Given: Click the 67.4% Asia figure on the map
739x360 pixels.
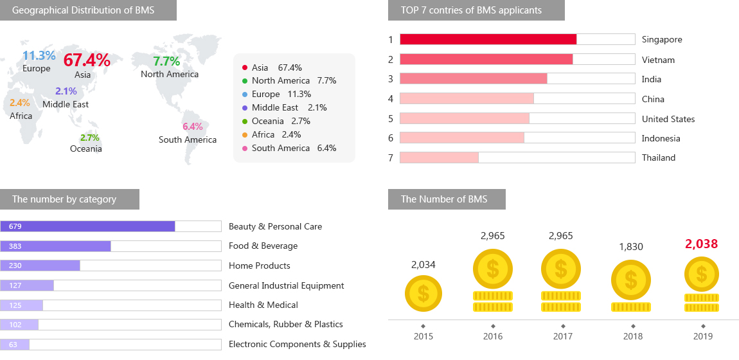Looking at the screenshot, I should tap(87, 60).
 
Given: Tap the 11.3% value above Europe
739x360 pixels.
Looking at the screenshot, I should tap(39, 56).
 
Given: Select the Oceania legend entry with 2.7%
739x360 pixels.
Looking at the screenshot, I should tap(281, 121).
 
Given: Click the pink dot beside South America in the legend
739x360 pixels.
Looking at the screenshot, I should tap(244, 148).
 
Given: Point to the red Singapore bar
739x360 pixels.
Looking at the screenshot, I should tap(488, 39).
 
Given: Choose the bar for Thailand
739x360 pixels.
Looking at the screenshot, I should tap(439, 157).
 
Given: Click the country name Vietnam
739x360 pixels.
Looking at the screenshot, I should tap(658, 60).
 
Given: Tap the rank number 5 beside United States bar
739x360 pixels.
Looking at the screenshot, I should tap(390, 119).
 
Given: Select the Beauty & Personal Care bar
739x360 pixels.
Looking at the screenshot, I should tap(87, 226).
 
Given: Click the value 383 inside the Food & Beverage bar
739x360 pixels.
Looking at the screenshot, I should tap(15, 246).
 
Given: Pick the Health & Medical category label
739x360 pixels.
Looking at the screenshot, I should tap(263, 305).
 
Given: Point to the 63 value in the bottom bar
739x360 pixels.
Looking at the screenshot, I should tap(13, 345).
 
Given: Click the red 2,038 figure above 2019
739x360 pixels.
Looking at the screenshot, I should tap(701, 244).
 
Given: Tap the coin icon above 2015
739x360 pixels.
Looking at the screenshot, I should tap(423, 293).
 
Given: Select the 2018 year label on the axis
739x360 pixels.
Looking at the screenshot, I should tap(632, 336).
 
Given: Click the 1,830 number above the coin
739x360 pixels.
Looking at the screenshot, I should tap(630, 246).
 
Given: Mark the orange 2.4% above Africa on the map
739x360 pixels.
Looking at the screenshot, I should tap(20, 103).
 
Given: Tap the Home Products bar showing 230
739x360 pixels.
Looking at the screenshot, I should tap(40, 265).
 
